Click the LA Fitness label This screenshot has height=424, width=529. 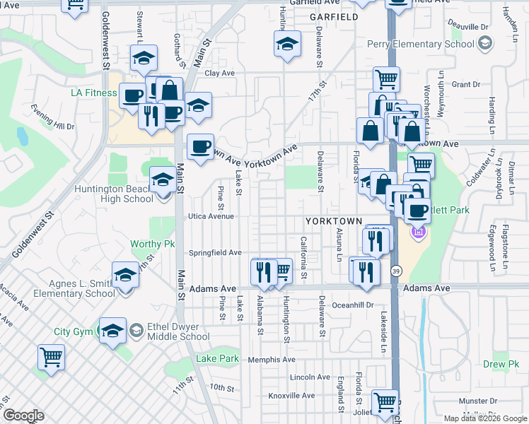click(x=94, y=93)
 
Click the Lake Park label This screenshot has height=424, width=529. click(x=217, y=359)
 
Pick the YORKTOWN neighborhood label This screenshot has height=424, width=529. click(x=334, y=221)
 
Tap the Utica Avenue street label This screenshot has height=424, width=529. click(x=211, y=216)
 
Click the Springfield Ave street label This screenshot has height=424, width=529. click(x=216, y=252)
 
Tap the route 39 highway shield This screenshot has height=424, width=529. click(x=397, y=271)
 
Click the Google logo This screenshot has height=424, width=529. click(x=24, y=415)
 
